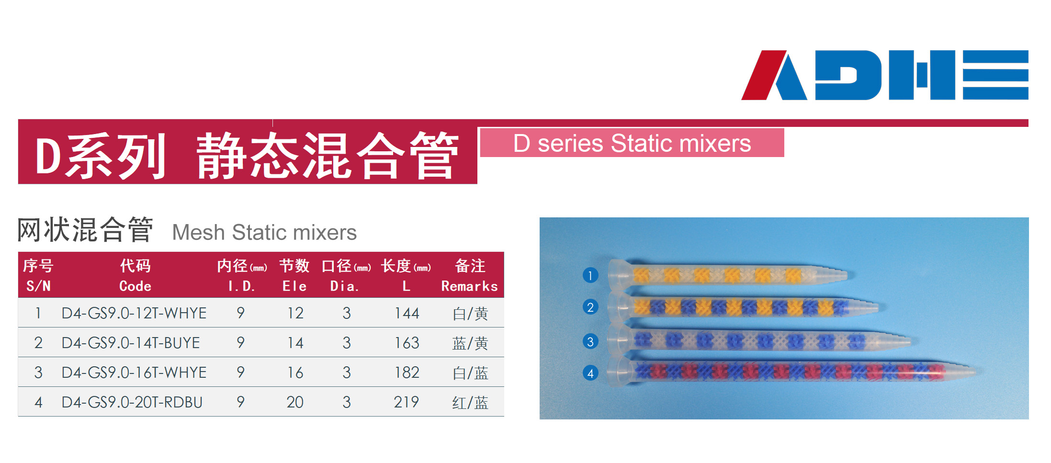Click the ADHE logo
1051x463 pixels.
click(x=884, y=75)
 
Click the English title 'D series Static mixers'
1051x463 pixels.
click(x=632, y=143)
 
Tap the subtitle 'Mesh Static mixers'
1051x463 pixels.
click(x=264, y=233)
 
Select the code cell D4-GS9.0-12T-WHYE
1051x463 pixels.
click(x=134, y=313)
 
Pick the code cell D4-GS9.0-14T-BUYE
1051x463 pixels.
click(x=131, y=343)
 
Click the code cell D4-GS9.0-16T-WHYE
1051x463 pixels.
click(x=134, y=373)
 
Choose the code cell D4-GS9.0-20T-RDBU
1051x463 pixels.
click(x=132, y=402)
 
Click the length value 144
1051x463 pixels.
click(x=407, y=313)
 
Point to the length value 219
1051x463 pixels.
click(x=407, y=402)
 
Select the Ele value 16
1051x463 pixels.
click(x=295, y=373)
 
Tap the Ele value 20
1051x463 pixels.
click(x=295, y=402)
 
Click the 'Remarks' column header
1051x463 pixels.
click(x=470, y=286)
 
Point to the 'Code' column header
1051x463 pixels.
click(x=136, y=286)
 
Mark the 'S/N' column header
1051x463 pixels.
click(x=38, y=286)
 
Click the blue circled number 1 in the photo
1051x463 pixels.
click(x=590, y=275)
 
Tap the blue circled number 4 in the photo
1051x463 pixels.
click(x=590, y=373)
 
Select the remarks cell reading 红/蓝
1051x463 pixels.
click(x=470, y=403)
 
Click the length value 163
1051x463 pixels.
click(x=407, y=343)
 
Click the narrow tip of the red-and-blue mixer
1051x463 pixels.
click(x=975, y=372)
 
